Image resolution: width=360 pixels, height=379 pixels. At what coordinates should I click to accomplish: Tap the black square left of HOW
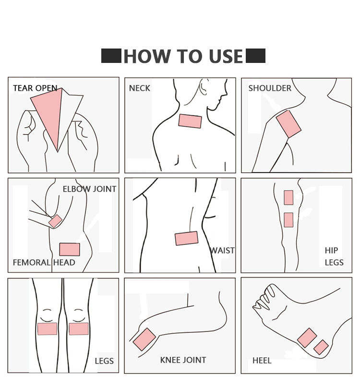tap(111, 56)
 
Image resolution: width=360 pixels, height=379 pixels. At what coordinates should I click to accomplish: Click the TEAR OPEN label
tap(35, 88)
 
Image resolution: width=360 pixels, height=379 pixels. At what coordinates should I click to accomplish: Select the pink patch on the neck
tap(190, 121)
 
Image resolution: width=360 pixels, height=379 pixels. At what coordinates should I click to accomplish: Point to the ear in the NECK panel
tap(204, 86)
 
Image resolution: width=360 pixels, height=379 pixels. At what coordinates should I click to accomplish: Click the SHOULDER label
tap(270, 88)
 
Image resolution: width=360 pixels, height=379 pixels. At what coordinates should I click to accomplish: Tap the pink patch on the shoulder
tap(288, 124)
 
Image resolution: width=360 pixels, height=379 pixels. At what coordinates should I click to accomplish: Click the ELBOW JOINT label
tap(89, 189)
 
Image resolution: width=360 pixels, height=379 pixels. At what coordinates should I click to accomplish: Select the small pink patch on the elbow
tap(56, 221)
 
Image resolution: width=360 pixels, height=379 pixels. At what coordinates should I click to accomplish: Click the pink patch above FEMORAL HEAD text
tap(70, 249)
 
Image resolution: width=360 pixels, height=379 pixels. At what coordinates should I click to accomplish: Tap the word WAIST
tap(222, 250)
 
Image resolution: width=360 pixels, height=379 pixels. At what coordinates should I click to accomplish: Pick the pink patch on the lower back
tap(187, 238)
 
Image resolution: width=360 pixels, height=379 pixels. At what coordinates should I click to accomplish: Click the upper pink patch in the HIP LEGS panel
tap(288, 197)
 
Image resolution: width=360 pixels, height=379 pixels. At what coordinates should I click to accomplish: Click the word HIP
tap(331, 250)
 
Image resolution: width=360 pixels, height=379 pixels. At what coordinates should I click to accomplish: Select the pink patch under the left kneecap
tap(48, 329)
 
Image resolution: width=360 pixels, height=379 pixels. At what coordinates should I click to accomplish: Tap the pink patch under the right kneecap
tap(79, 329)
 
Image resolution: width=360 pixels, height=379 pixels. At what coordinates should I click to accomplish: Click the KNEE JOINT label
tap(183, 360)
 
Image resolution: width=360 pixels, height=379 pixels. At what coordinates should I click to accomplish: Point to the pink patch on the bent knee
tap(144, 339)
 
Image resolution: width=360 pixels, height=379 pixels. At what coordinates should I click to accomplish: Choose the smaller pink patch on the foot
tap(321, 347)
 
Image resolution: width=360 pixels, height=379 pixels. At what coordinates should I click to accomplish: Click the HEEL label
tap(262, 361)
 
